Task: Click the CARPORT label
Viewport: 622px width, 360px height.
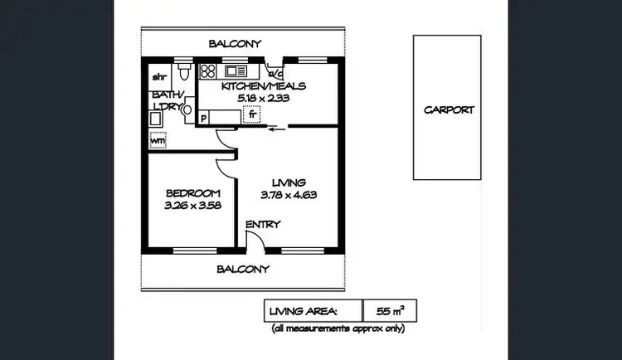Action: coord(449,110)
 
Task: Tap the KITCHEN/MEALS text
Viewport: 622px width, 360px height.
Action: coord(265,85)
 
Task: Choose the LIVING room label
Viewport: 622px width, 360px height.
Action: coord(289,182)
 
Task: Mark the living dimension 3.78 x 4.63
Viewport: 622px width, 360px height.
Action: coord(289,196)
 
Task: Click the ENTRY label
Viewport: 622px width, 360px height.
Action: coord(263,224)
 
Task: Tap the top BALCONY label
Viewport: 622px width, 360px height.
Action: coord(235,43)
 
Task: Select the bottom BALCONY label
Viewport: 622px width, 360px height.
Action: coord(243,269)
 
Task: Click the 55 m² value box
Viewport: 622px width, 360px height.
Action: coord(390,311)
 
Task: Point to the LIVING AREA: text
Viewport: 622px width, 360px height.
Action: coord(303,311)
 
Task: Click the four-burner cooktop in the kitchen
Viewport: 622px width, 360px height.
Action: coord(207,71)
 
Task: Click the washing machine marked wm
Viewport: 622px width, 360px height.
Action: coord(158,140)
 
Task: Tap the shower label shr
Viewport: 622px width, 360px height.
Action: coord(159,77)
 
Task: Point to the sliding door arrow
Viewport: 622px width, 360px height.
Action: coord(279,128)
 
